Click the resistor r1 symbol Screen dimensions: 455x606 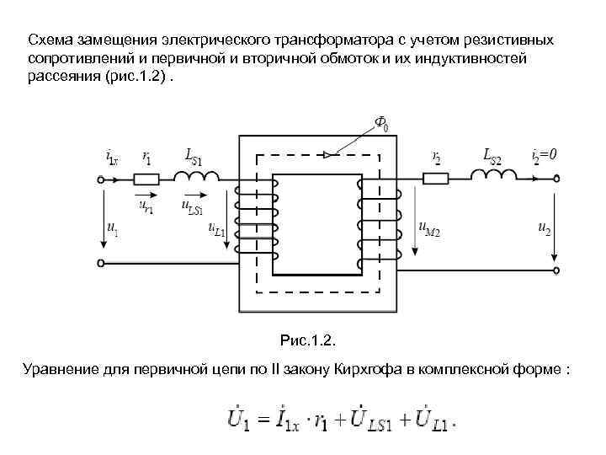147,179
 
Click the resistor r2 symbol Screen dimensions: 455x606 436,179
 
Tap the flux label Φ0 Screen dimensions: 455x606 380,126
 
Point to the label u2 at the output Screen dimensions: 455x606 544,227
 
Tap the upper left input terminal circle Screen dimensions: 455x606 102,179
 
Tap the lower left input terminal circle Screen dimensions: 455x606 102,263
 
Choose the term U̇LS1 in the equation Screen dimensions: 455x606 374,419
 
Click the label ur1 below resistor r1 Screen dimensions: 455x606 146,205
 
